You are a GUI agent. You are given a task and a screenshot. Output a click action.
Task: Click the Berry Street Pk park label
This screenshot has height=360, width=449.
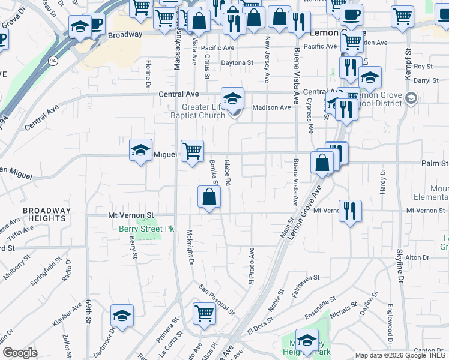(x=146, y=229)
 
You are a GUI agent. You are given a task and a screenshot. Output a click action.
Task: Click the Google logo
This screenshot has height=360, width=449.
(x=20, y=353)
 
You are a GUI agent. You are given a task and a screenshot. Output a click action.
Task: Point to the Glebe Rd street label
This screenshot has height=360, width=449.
(x=228, y=172)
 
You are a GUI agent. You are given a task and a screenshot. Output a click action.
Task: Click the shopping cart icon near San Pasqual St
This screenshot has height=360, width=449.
(x=204, y=313)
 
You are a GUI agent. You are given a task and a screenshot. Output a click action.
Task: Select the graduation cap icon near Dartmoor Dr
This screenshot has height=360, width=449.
(x=122, y=316)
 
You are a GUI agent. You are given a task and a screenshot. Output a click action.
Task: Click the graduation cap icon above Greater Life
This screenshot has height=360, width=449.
(x=232, y=97)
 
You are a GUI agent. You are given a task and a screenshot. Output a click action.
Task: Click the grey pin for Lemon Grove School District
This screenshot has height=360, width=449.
(x=411, y=98)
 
